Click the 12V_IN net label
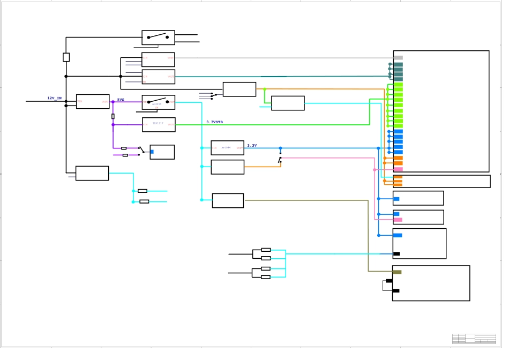tap(54, 99)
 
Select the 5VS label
tap(121, 100)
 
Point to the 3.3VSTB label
tap(214, 122)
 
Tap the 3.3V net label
tap(252, 146)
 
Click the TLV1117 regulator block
tap(159, 125)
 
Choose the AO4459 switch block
tap(158, 102)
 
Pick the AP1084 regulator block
tap(227, 148)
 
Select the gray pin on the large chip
tap(398, 58)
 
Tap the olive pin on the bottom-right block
tap(396, 272)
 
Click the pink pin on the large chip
tap(398, 169)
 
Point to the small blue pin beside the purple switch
tap(152, 152)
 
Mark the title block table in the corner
tap(474, 339)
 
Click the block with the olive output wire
tap(228, 200)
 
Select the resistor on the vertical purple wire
tap(113, 116)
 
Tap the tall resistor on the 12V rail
tap(66, 57)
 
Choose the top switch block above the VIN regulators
tap(158, 37)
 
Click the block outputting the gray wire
tap(158, 59)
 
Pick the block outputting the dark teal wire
tap(158, 77)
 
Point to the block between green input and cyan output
tap(288, 103)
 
